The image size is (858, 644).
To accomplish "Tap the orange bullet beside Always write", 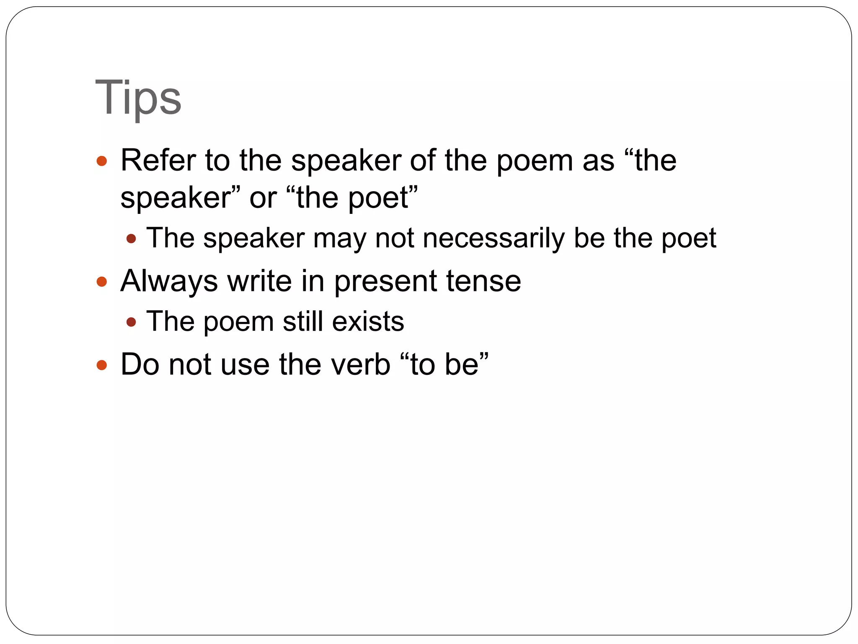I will tap(101, 281).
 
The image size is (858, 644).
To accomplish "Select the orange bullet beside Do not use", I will tap(101, 365).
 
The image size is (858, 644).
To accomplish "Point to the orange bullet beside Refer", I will tap(101, 161).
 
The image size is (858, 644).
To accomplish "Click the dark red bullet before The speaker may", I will tap(131, 239).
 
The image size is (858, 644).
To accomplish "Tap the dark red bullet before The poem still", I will tap(131, 322).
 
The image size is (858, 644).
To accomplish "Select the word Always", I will tap(169, 281).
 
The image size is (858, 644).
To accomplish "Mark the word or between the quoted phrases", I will tap(263, 198).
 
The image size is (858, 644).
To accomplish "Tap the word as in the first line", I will tap(598, 161).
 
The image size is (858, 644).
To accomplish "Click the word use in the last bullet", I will tap(245, 365).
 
